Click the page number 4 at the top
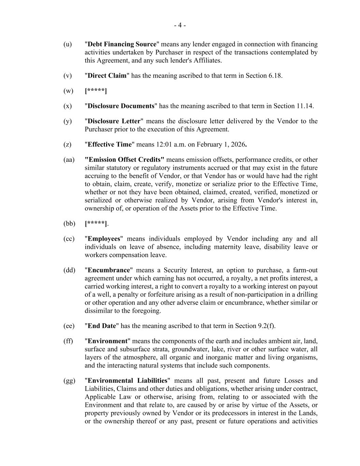pyautogui.click(x=180, y=25)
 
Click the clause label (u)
pyautogui.click(x=68, y=44)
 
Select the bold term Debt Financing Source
pyautogui.click(x=122, y=44)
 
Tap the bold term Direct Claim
pyautogui.click(x=107, y=76)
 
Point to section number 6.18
pyautogui.click(x=275, y=76)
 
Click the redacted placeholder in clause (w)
pyautogui.click(x=96, y=91)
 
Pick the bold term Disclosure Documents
pyautogui.click(x=121, y=106)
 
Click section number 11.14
pyautogui.click(x=304, y=106)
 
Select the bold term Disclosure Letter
pyautogui.click(x=114, y=121)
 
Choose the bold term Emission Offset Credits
pyautogui.click(x=124, y=160)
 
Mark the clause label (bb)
pyautogui.click(x=69, y=224)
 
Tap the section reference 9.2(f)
pyautogui.click(x=267, y=326)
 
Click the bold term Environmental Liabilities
pyautogui.click(x=128, y=381)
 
